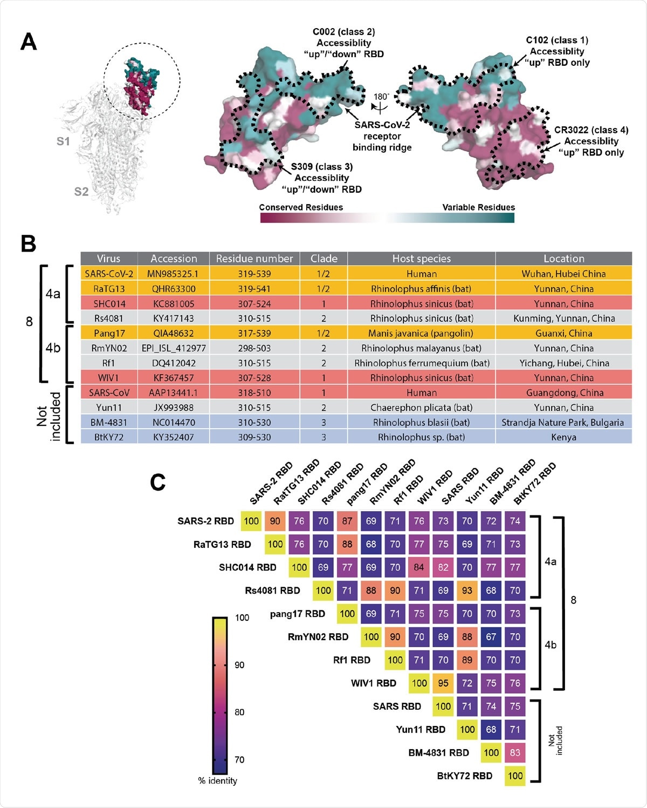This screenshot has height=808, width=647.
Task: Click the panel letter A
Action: [29, 42]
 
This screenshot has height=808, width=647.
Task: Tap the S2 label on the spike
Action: [81, 192]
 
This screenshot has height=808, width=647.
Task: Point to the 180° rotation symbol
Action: [381, 101]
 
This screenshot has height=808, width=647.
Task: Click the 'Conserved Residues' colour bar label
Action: [301, 207]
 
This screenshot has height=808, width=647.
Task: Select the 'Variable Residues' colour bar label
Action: [478, 207]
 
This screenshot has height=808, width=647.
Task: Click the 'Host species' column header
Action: [421, 259]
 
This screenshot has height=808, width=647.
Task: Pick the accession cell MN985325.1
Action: [173, 274]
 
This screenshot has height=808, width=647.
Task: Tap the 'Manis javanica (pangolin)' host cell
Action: [421, 333]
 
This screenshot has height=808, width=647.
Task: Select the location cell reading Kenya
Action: [563, 437]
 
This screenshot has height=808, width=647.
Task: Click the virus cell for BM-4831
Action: [108, 422]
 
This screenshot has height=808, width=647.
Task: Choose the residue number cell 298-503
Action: [254, 348]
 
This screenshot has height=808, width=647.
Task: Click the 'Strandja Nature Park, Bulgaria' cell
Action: [563, 422]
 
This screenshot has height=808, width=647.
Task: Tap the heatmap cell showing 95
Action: [443, 683]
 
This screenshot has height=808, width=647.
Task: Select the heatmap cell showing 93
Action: [467, 590]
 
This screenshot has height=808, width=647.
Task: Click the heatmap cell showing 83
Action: [515, 752]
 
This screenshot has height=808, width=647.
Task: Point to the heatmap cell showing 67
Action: [491, 637]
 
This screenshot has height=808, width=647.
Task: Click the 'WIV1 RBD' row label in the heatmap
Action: [373, 683]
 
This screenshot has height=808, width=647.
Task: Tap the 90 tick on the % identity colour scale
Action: [239, 665]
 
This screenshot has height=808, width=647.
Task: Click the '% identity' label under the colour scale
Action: [217, 780]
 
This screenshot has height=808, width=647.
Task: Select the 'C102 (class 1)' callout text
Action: [557, 40]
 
